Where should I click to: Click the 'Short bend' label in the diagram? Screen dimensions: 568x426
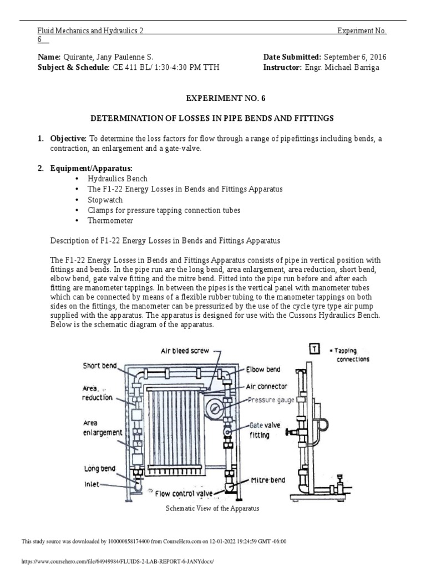tap(100, 366)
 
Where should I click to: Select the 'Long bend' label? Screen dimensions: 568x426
tap(100, 469)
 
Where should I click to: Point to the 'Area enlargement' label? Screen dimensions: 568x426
tap(103, 428)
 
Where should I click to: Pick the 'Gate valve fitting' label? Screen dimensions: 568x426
tap(258, 430)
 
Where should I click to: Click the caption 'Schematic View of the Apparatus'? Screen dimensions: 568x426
tap(213, 508)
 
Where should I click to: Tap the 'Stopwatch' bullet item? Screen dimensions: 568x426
tap(105, 200)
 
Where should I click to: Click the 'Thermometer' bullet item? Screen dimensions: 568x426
tap(110, 221)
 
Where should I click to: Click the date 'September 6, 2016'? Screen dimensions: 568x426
tap(355, 57)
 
